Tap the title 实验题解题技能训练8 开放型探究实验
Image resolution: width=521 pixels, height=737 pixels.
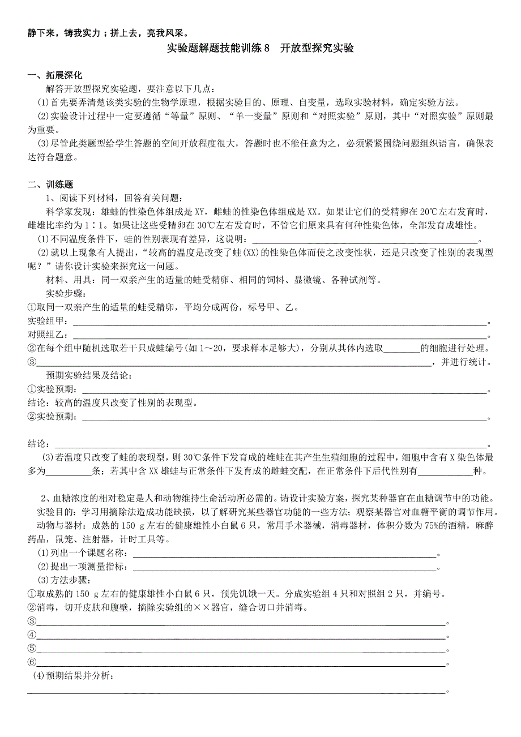click(261, 48)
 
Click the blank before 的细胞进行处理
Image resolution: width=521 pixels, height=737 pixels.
click(402, 349)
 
